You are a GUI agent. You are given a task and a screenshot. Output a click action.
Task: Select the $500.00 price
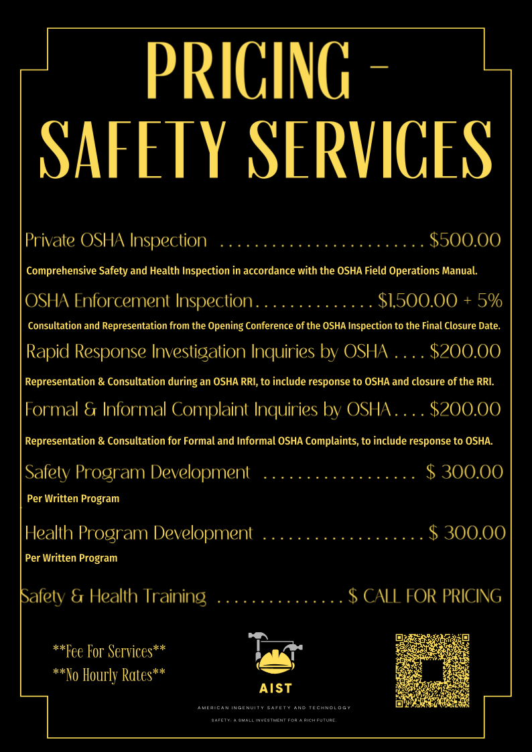465,240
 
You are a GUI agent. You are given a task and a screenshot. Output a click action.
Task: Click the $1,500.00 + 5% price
440,301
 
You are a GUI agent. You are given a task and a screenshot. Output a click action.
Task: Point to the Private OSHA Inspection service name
116,240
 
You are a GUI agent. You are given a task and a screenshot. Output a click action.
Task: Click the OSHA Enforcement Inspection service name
139,301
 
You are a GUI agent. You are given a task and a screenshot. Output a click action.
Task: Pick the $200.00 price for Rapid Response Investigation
465,351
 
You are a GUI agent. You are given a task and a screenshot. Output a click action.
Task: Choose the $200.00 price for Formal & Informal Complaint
465,408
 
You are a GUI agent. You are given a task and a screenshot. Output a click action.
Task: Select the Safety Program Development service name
137,472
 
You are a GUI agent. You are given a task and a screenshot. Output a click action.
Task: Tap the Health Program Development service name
139,533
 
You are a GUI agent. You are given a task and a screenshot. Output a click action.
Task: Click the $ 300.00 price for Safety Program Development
464,472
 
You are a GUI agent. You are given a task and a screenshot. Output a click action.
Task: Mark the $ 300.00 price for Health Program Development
466,533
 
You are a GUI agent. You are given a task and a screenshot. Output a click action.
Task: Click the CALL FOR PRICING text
432,595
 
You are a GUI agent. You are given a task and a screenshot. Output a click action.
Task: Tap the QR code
431,670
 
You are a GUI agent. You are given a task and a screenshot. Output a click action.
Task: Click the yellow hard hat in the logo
275,662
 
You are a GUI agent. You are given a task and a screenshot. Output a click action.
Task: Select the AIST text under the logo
275,688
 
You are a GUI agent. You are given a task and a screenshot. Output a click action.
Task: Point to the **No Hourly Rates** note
109,675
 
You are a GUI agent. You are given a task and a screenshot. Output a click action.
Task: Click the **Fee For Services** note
109,650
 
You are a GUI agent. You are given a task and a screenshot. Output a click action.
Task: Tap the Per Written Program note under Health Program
71,558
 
